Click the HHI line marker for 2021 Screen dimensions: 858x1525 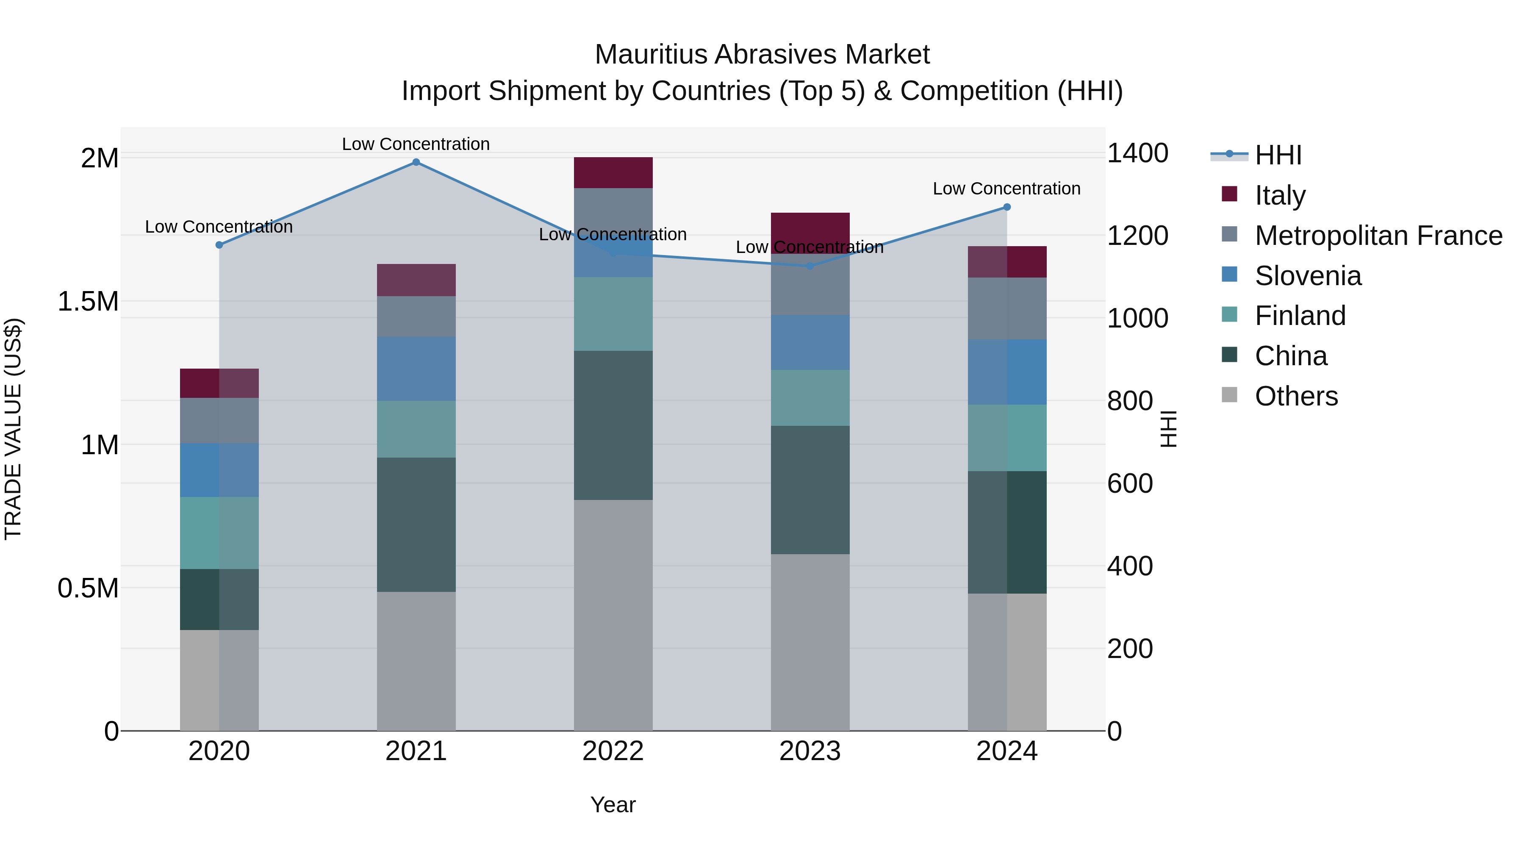416,162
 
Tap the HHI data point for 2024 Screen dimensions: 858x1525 1007,207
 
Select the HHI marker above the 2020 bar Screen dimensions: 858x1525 219,244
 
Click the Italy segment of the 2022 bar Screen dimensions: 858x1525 613,172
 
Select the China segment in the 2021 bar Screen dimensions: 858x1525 416,524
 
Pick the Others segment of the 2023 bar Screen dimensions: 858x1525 810,642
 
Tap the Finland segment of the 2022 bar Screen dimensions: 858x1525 613,314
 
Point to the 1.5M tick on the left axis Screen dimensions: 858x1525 88,301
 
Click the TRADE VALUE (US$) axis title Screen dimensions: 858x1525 13,429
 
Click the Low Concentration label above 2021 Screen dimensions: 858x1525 416,144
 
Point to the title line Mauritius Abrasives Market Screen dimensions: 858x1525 762,55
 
